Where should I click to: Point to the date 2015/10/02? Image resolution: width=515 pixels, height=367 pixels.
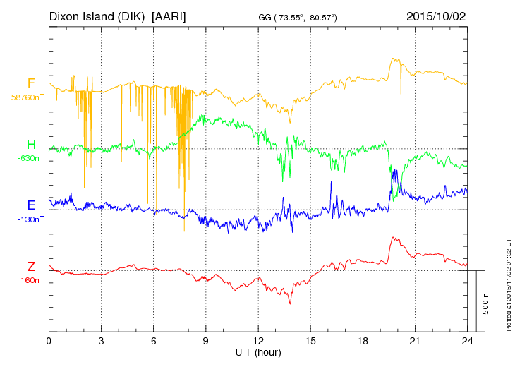click(x=436, y=16)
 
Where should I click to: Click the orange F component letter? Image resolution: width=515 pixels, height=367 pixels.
click(x=31, y=83)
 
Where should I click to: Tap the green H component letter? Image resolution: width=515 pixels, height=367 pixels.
click(x=31, y=145)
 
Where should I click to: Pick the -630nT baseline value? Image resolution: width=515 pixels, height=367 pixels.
click(x=31, y=158)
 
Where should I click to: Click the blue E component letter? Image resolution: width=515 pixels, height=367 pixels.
click(x=31, y=205)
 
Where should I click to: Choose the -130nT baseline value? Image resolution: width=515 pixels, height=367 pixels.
click(x=31, y=219)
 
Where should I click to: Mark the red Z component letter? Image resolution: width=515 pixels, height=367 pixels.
click(x=31, y=266)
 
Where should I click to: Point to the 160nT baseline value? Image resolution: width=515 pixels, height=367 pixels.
click(x=32, y=280)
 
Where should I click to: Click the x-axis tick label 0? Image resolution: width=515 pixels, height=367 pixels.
click(x=49, y=341)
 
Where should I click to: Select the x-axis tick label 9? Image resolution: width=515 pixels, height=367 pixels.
click(x=205, y=341)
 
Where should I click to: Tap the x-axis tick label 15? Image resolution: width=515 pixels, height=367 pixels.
click(x=310, y=341)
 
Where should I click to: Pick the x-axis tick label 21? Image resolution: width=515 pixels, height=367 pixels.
click(x=414, y=341)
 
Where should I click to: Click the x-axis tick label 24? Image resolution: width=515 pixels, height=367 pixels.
click(x=466, y=341)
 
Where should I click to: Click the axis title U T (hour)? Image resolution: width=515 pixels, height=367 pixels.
click(x=257, y=351)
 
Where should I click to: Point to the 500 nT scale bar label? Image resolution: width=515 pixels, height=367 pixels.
click(x=485, y=301)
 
